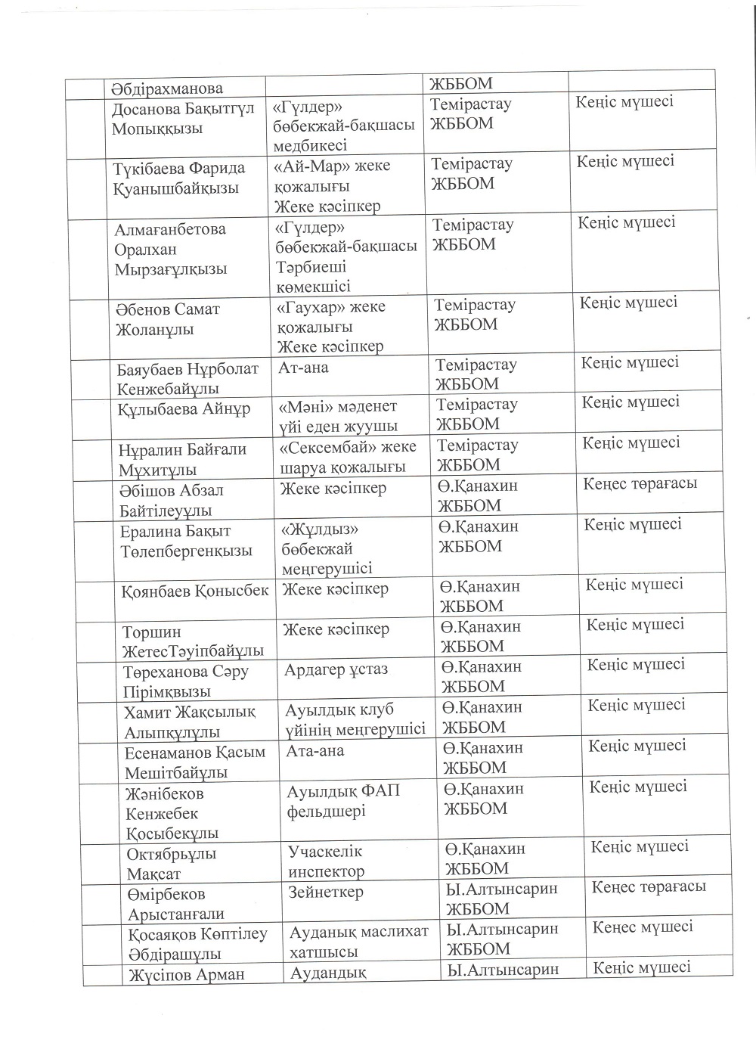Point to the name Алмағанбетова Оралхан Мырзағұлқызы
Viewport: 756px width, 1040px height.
pyautogui.click(x=171, y=249)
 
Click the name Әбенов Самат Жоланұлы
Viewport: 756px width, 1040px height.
pyautogui.click(x=167, y=319)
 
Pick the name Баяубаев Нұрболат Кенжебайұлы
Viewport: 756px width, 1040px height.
pyautogui.click(x=188, y=379)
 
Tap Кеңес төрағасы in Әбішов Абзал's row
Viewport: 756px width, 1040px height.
pyautogui.click(x=640, y=483)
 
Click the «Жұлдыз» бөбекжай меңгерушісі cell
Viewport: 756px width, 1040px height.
pyautogui.click(x=327, y=548)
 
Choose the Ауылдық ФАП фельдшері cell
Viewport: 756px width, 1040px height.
pyautogui.click(x=343, y=800)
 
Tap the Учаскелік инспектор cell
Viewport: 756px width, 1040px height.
pyautogui.click(x=326, y=861)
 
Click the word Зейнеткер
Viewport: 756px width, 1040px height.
pyautogui.click(x=326, y=892)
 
